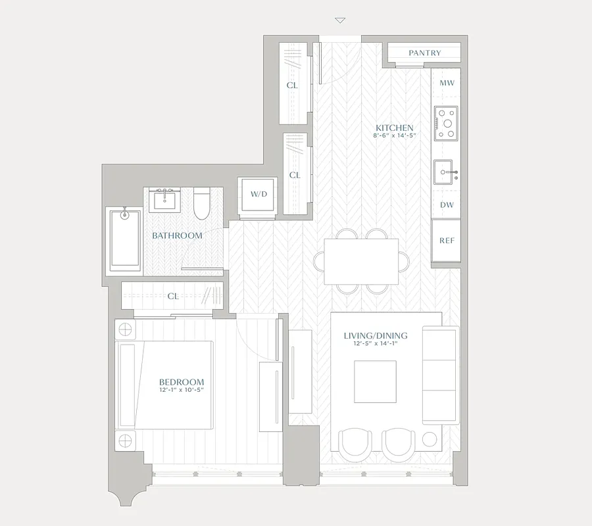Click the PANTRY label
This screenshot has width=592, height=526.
pos(424,53)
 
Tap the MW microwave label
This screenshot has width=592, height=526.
pos(447,84)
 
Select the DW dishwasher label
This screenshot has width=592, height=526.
pos(447,205)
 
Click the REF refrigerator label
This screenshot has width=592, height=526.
pos(447,241)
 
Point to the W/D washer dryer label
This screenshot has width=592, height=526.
pos(258,195)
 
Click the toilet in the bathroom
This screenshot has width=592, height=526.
pos(202,204)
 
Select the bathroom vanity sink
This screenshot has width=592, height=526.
pos(163,199)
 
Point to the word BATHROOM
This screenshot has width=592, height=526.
pos(177,235)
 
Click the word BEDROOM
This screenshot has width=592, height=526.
pos(182,382)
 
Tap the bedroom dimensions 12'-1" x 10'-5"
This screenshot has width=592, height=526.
pos(182,391)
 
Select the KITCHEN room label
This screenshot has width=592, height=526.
pos(394,128)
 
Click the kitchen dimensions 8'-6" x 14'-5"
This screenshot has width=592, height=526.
pos(394,136)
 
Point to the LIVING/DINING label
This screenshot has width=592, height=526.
pos(376,335)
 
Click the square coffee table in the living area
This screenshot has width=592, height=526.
pos(376,382)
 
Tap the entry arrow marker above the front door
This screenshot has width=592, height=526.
pos(339,20)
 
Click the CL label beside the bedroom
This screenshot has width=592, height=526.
pos(173,296)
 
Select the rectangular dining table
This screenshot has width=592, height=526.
pos(361,261)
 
